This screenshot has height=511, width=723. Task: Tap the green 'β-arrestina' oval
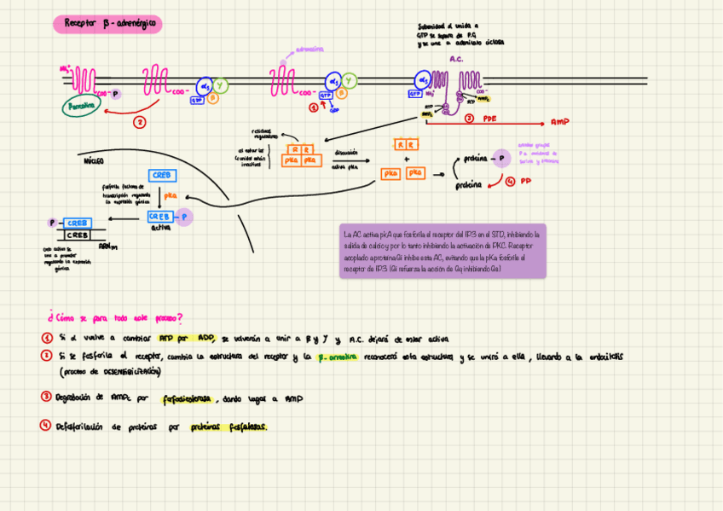click(82, 107)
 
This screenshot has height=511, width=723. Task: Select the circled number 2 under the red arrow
click(140, 122)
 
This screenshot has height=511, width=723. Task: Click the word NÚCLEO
click(94, 160)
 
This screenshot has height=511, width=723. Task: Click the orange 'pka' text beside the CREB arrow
click(170, 195)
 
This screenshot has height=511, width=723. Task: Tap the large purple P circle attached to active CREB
click(184, 217)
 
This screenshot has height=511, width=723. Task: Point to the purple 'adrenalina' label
click(309, 49)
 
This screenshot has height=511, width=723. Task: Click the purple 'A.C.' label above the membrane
click(456, 59)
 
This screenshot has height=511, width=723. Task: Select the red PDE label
click(489, 119)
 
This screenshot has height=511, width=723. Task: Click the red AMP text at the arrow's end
click(559, 122)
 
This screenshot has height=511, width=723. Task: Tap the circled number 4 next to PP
click(509, 181)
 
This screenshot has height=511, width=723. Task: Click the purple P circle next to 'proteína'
click(500, 158)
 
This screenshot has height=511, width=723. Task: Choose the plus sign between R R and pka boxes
click(407, 159)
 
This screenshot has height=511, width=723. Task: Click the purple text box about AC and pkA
click(442, 251)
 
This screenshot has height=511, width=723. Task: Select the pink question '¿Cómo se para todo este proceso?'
click(115, 317)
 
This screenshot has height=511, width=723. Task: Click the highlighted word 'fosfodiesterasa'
click(188, 398)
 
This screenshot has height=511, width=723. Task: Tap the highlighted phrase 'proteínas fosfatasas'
click(228, 427)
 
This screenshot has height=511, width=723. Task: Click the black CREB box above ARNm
click(78, 235)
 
